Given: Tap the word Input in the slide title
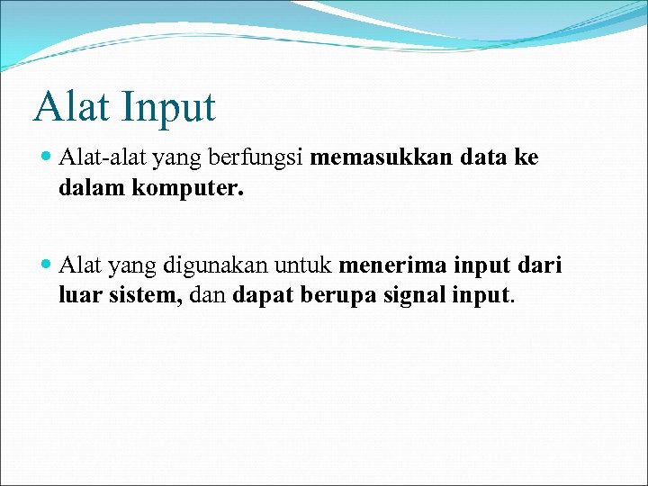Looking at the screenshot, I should [170, 108].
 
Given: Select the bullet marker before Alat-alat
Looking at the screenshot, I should [47, 158].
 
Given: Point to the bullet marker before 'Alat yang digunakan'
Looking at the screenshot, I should [47, 266].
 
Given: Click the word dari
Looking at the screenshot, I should [539, 266].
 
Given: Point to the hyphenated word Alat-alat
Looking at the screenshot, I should [103, 158].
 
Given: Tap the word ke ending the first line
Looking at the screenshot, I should [526, 158].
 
